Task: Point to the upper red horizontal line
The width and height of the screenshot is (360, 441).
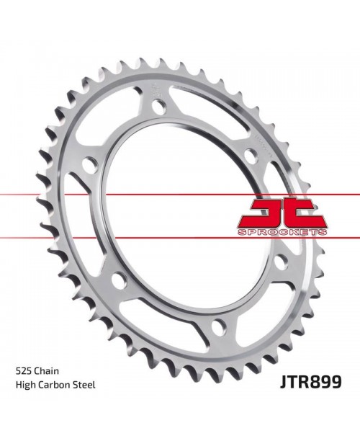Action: (x=180, y=195)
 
